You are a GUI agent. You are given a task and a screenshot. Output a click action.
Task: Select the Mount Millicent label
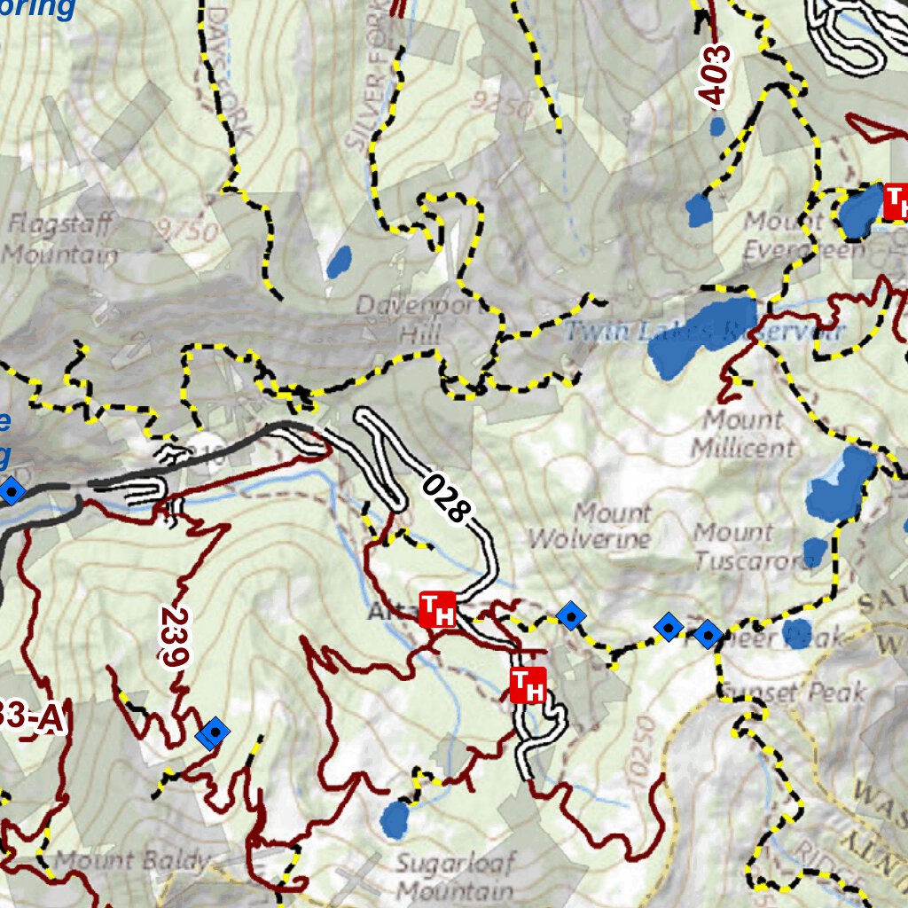point(743,433)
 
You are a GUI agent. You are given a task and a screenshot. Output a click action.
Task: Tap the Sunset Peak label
point(792,692)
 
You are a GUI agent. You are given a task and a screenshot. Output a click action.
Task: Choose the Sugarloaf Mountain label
point(454,877)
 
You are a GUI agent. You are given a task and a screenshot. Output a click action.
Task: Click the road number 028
point(445,497)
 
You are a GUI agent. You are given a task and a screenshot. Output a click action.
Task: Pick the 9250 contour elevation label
point(503,106)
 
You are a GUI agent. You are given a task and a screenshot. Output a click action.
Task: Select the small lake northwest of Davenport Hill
point(339,262)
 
